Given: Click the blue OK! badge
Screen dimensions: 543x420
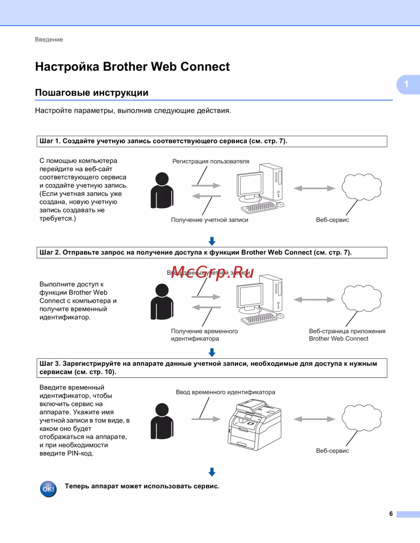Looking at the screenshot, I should pos(48,489).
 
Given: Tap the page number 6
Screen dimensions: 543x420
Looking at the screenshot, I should pos(391,514).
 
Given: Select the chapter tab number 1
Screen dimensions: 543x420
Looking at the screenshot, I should pos(407,84).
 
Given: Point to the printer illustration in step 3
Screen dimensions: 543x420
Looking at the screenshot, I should pos(255,425).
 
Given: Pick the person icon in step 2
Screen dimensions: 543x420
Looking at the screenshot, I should pos(162,301).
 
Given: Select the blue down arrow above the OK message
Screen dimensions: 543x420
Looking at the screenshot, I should pos(212,472).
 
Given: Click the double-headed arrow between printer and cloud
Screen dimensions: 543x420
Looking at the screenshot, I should pos(314,419).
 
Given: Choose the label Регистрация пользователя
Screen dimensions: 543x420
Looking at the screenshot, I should pos(211,162).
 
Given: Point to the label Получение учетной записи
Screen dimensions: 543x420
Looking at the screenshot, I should pos(210,220).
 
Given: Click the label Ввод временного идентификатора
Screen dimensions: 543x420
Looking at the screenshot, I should pos(226,392).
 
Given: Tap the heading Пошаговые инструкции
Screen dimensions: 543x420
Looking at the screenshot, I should pos(92,93).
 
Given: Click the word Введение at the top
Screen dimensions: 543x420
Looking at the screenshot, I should pos(49,39).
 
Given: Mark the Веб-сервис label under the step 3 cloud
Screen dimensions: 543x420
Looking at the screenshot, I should pos(332,451).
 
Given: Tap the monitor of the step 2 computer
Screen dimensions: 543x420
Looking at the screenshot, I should pos(250,297).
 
